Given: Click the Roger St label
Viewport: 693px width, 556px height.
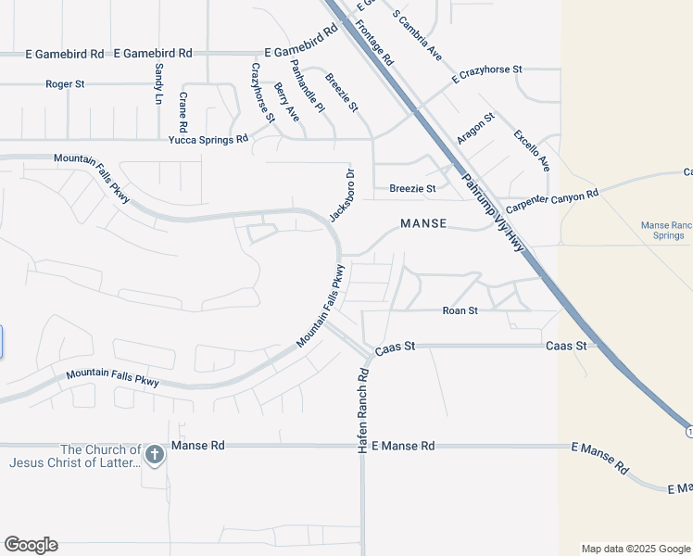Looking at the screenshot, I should point(65,84).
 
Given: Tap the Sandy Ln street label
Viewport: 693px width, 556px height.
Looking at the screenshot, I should point(159,83).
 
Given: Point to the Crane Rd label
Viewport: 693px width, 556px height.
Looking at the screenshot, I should point(183,111).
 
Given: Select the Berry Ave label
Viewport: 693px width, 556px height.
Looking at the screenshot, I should point(286,102).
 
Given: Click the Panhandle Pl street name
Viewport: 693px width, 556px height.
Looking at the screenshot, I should point(308,85).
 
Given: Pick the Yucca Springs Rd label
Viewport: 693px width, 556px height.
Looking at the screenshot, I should point(208,139).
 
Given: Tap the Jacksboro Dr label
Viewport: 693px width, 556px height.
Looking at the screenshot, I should point(343,195).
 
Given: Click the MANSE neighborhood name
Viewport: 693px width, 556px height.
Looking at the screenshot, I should point(423,223).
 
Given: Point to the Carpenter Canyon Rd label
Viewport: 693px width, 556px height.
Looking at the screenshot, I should point(552,199).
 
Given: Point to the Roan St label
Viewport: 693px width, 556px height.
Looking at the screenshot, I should point(460,310).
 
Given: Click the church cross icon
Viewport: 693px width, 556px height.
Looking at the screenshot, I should point(155,454).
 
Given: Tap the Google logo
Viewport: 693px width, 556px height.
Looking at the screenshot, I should point(31,545).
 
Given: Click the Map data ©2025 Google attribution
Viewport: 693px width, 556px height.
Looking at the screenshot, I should point(635,549).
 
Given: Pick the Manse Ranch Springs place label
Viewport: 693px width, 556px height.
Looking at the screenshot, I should point(667,231).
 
